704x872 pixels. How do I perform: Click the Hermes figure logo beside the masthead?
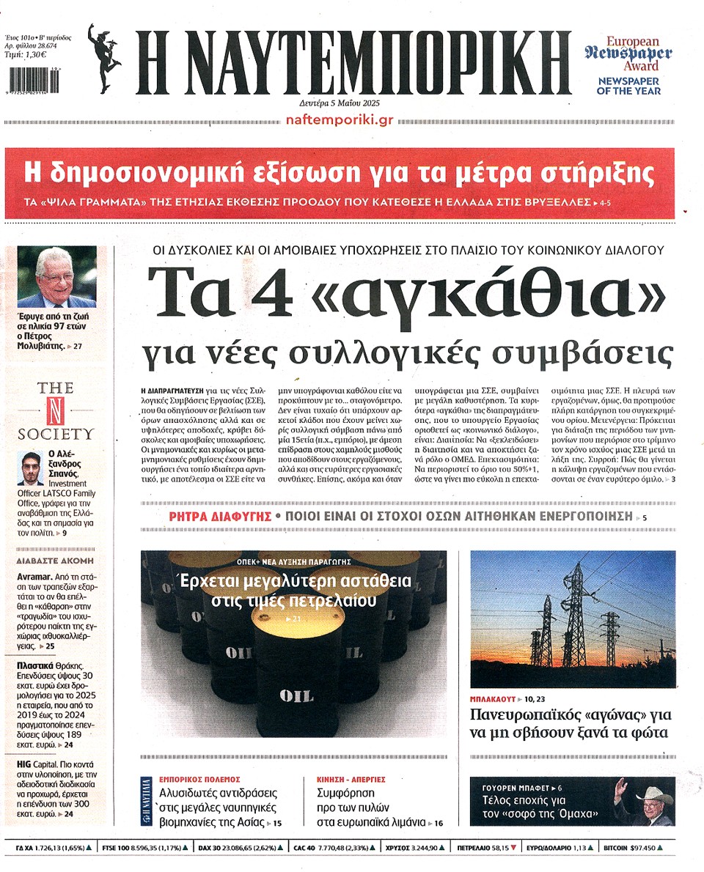pos(106,60)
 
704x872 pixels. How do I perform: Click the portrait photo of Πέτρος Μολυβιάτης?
pos(57,277)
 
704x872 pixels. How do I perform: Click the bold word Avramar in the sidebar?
pos(34,577)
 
